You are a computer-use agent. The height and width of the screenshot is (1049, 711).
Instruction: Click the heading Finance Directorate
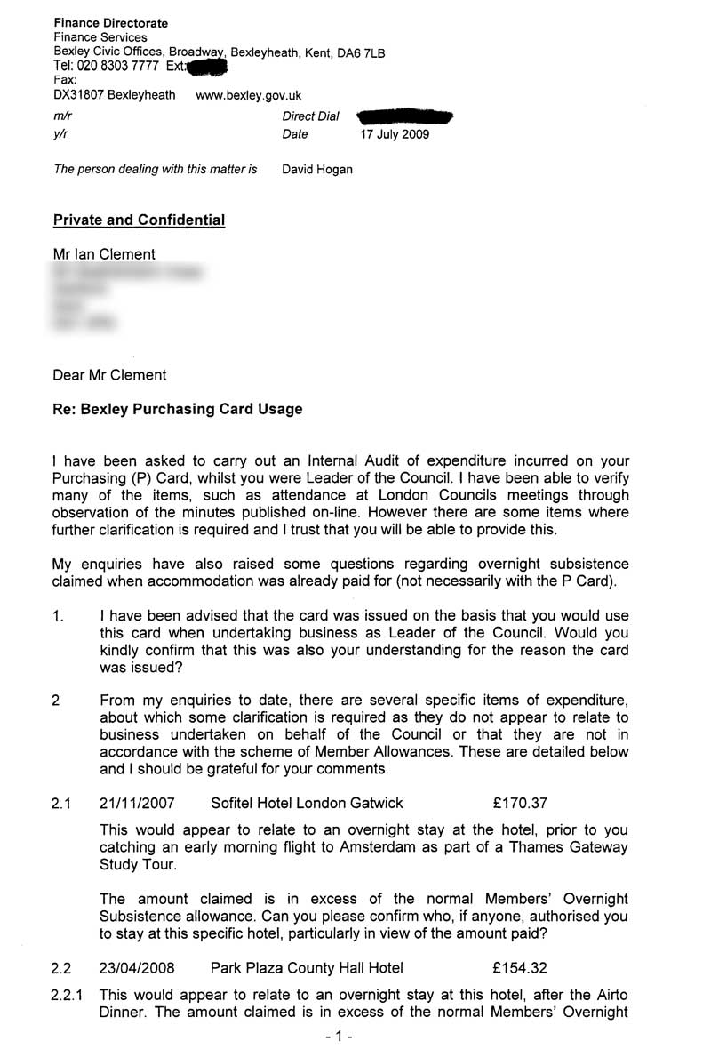pyautogui.click(x=111, y=22)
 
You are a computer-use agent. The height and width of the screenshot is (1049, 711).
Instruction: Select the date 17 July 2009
pyautogui.click(x=394, y=134)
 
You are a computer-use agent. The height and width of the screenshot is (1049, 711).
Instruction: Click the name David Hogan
pyautogui.click(x=317, y=169)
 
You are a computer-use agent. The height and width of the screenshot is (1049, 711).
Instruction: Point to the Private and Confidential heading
pyautogui.click(x=140, y=220)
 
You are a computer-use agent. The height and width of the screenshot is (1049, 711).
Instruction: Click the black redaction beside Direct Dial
pyautogui.click(x=404, y=116)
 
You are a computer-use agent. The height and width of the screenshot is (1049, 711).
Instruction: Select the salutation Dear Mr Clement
pyautogui.click(x=109, y=375)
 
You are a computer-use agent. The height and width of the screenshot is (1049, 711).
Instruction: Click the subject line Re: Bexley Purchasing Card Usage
pyautogui.click(x=178, y=410)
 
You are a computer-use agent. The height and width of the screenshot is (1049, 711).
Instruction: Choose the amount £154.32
pyautogui.click(x=519, y=968)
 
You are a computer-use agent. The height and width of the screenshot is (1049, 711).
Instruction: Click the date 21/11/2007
pyautogui.click(x=138, y=803)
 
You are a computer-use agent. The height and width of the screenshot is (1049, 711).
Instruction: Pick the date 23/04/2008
pyautogui.click(x=138, y=968)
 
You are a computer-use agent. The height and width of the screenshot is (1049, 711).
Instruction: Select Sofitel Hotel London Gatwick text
pyautogui.click(x=307, y=803)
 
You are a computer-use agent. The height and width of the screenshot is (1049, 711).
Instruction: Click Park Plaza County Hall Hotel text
pyautogui.click(x=307, y=968)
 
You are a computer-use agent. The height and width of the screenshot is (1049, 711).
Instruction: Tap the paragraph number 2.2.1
pyautogui.click(x=68, y=996)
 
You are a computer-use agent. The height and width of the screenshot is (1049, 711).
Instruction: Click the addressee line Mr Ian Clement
pyautogui.click(x=104, y=254)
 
